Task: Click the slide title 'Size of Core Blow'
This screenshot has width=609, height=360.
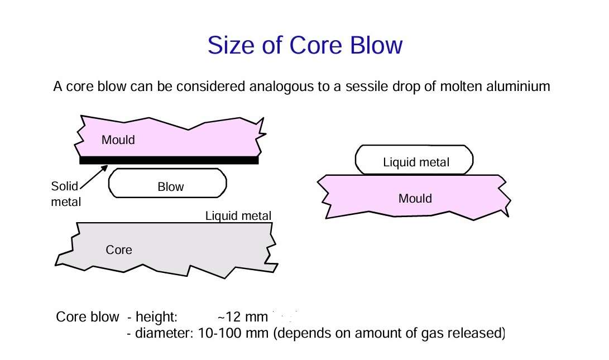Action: (x=305, y=45)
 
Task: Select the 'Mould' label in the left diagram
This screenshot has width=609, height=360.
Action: (x=118, y=140)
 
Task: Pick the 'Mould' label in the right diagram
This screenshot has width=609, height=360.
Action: (x=415, y=199)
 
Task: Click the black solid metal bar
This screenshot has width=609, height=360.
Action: (x=169, y=160)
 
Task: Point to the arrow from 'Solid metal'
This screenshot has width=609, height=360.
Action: (x=94, y=177)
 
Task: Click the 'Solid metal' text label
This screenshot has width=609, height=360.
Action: (x=66, y=194)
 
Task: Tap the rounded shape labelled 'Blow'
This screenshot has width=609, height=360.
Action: (x=167, y=183)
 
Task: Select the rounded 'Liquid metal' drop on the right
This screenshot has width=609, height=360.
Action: (x=414, y=160)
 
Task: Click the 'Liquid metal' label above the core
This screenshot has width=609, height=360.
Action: (x=238, y=216)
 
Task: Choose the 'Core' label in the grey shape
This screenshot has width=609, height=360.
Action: (x=119, y=249)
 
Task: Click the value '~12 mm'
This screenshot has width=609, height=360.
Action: (x=243, y=317)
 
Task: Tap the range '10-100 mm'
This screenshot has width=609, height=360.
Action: (x=233, y=333)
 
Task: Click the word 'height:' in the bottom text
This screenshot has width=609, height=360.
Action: (x=156, y=317)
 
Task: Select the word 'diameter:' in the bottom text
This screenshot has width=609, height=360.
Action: (x=164, y=333)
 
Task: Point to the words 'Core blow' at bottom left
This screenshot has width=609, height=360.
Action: (x=88, y=317)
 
